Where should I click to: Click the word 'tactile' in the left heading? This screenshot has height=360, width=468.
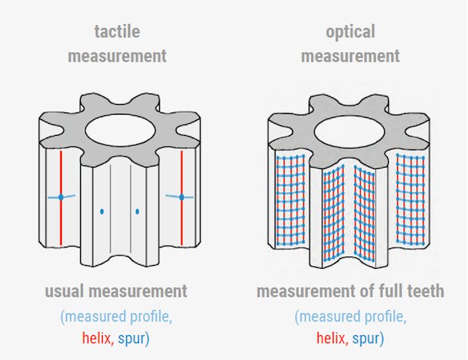pos(117,32)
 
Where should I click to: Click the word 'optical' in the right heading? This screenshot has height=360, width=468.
pos(350,32)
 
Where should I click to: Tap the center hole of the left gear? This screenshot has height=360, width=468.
pos(120,130)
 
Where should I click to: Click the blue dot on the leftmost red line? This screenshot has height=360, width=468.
pos(61,197)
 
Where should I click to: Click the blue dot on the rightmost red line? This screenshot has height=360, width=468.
pos(181,197)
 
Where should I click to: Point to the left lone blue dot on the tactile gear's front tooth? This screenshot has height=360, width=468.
pos(102,212)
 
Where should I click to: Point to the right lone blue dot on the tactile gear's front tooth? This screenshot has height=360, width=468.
pos(137,211)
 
